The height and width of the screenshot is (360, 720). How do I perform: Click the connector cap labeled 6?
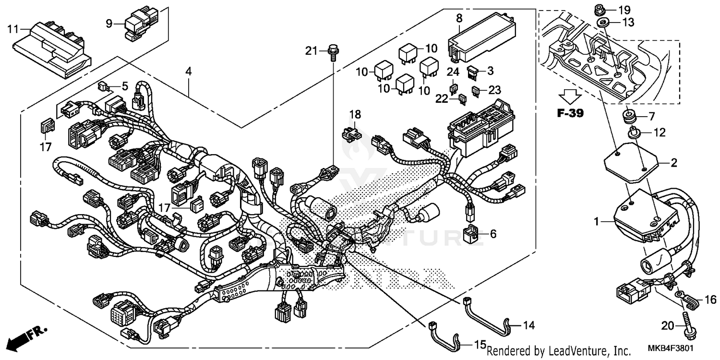tap(469, 234)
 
